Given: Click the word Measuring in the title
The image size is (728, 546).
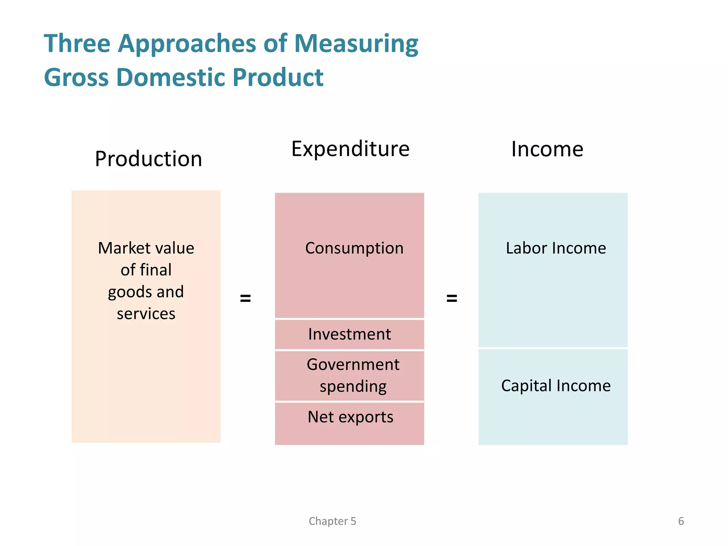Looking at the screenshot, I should pyautogui.click(x=356, y=44).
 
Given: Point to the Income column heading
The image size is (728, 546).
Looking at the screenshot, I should pyautogui.click(x=547, y=149).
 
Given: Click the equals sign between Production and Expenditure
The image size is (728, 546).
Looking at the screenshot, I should pyautogui.click(x=246, y=298).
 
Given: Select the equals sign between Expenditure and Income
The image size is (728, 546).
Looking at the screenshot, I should pyautogui.click(x=451, y=298).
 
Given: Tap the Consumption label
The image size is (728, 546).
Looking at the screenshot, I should pyautogui.click(x=354, y=248).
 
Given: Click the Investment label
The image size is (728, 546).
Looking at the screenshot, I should pyautogui.click(x=349, y=334).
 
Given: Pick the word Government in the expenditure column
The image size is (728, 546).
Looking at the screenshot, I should pyautogui.click(x=353, y=365).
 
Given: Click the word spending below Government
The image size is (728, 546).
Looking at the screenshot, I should pyautogui.click(x=353, y=387).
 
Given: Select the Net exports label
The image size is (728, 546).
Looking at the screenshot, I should pyautogui.click(x=350, y=417).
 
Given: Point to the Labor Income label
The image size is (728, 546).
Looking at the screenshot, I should pyautogui.click(x=556, y=248).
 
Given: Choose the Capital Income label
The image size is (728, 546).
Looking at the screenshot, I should pyautogui.click(x=556, y=386).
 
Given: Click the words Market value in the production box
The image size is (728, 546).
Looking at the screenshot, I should pyautogui.click(x=146, y=248).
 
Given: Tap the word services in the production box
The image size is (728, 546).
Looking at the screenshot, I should pyautogui.click(x=146, y=314).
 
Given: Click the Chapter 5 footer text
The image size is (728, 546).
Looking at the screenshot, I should pyautogui.click(x=332, y=521).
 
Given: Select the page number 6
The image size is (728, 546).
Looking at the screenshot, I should pyautogui.click(x=681, y=521).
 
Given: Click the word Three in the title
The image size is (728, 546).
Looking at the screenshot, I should pyautogui.click(x=77, y=44).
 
